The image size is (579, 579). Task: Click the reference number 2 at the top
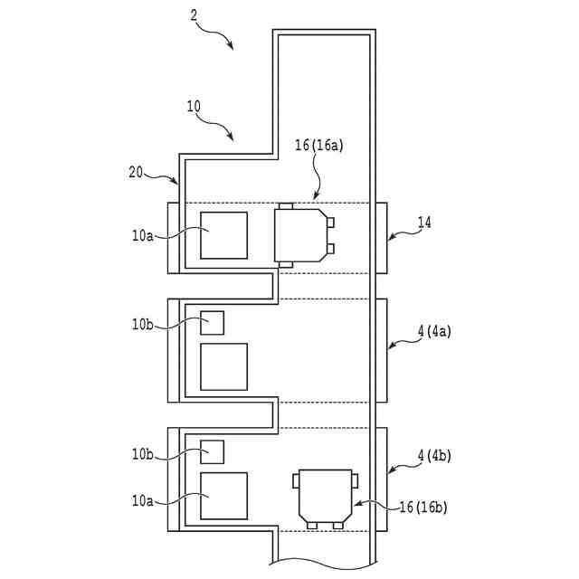pos(193,14)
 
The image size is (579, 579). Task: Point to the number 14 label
pos(424,222)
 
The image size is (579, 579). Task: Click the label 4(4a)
pos(433,331)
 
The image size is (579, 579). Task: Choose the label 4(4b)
pos(433,460)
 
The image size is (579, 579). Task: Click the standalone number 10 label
pos(194,106)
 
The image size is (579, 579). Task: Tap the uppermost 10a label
pos(143,236)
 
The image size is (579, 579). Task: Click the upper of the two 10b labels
pos(143,323)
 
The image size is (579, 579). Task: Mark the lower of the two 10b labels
pos(143,452)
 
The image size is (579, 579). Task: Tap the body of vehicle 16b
pos(325,496)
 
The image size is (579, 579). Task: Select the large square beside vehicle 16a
pos(223,235)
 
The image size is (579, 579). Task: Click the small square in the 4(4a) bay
pos(212,322)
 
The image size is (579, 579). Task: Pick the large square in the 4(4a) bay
pos(223,366)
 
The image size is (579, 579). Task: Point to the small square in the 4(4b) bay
pos(212,451)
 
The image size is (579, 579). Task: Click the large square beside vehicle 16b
pos(223,495)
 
